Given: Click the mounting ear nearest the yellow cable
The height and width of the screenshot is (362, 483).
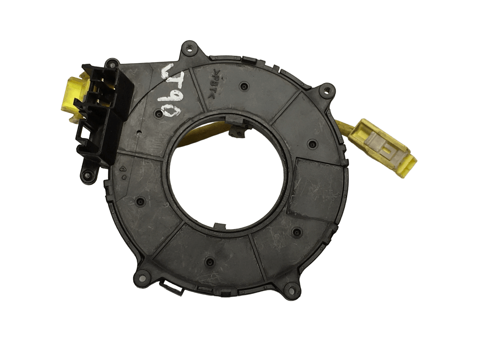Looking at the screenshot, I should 323,90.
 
